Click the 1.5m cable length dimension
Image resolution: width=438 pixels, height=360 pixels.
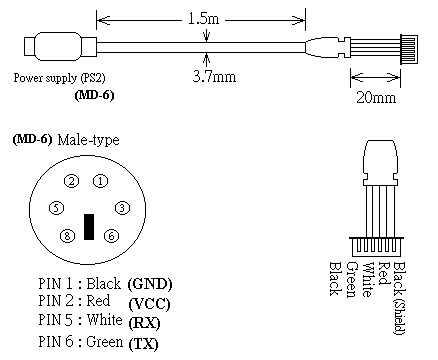pos(203,18)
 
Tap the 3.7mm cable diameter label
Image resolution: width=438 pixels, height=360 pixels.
pos(214,77)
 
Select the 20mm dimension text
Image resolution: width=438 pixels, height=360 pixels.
pos(376,97)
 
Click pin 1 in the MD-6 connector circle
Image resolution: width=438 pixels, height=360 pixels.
pos(100,181)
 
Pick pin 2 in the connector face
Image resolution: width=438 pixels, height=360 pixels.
pos(71,181)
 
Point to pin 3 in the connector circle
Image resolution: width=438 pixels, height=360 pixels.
pos(122,208)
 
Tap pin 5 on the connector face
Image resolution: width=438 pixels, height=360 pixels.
pos(56,208)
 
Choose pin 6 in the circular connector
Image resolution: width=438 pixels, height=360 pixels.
pos(111,236)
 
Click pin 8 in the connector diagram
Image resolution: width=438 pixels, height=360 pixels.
pos(67,236)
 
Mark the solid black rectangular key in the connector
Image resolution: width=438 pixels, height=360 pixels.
pos(89,227)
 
